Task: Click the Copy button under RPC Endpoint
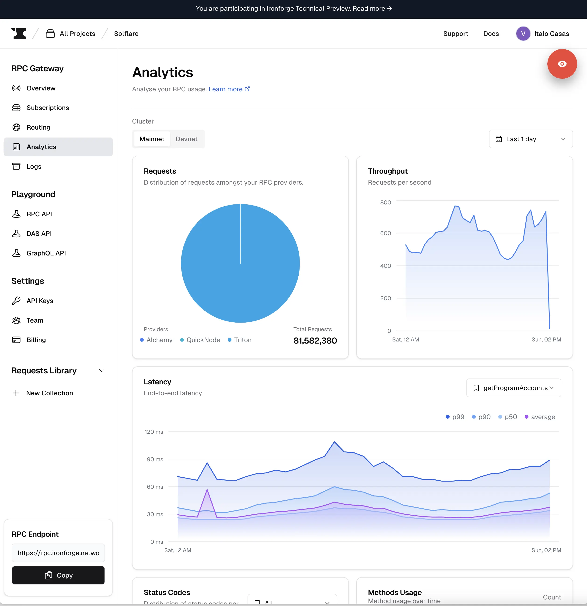[58, 575]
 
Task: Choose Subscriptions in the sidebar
[48, 108]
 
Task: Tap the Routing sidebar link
[38, 127]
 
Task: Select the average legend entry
[540, 417]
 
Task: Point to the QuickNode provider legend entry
[200, 340]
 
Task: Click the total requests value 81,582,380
[315, 341]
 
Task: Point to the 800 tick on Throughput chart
[386, 203]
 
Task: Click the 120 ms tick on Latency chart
[154, 432]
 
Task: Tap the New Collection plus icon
[16, 393]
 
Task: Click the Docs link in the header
[491, 34]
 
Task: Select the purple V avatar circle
[523, 34]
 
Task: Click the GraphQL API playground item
[46, 253]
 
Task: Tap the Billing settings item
[36, 340]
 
